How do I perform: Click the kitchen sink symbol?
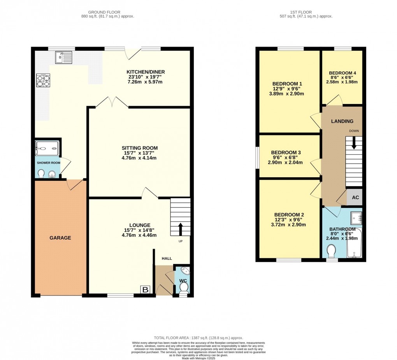tap(63, 57)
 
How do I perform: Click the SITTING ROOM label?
tap(139, 148)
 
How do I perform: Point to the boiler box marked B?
tap(146, 289)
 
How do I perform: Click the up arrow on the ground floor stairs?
tap(180, 229)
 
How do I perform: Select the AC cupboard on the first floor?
tap(355, 198)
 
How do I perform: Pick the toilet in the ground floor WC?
tap(184, 288)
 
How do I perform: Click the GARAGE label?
tap(60, 238)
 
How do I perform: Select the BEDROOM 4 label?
tap(342, 73)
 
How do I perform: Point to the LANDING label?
tap(342, 121)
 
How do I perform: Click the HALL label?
tap(167, 258)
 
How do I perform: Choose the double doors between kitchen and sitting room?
tap(112, 103)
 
